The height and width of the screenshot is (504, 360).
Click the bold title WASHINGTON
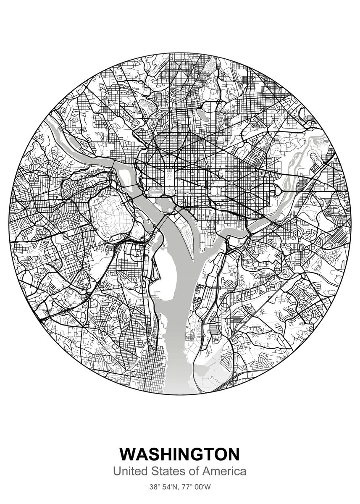(180, 454)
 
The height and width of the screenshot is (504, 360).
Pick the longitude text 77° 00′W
(197, 488)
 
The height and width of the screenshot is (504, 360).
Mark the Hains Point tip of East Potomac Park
(197, 256)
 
